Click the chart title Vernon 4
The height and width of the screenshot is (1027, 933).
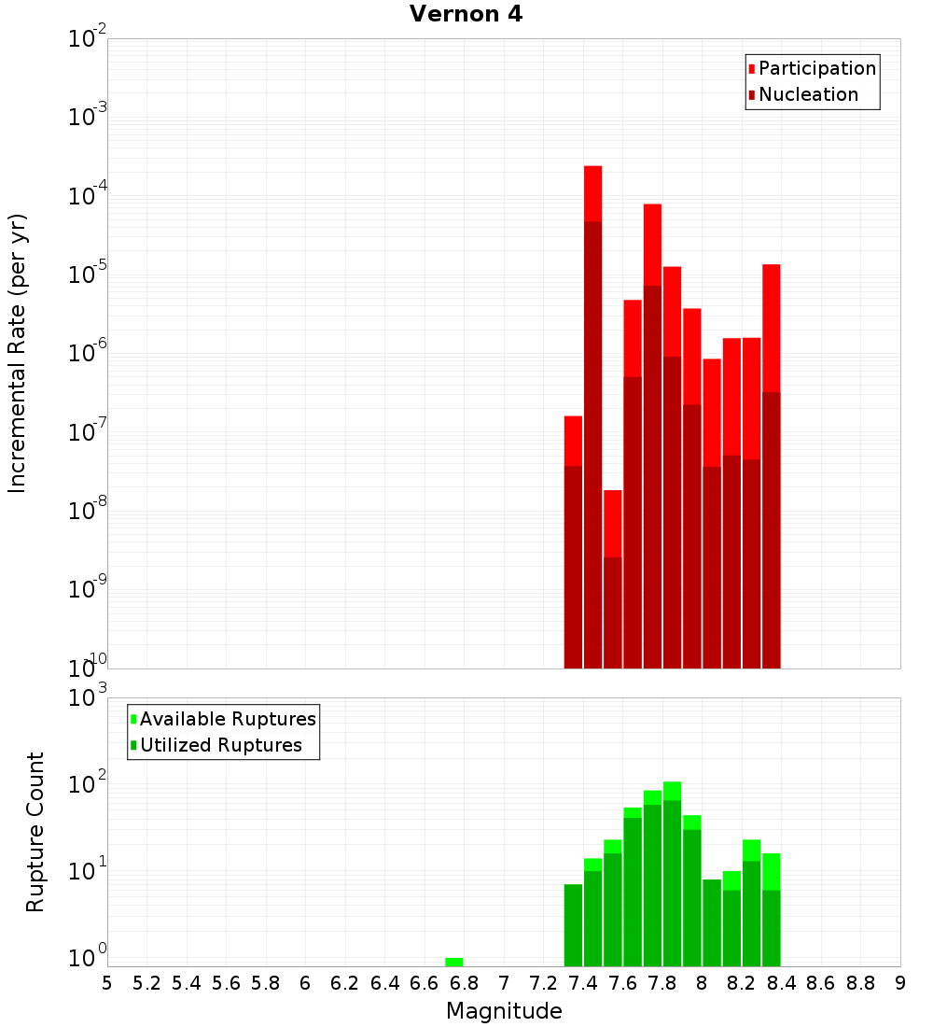click(x=466, y=15)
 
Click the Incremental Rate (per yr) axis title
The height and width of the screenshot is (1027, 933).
click(x=17, y=353)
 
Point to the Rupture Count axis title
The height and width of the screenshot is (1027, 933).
click(x=35, y=832)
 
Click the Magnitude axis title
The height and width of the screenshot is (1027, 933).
click(x=504, y=1011)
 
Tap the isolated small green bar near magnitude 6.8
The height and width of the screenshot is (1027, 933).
click(x=454, y=962)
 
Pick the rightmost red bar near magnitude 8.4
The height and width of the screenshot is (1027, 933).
click(x=772, y=467)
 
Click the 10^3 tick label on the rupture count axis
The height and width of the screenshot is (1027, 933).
click(x=89, y=697)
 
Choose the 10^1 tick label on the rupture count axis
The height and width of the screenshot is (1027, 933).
click(x=89, y=873)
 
